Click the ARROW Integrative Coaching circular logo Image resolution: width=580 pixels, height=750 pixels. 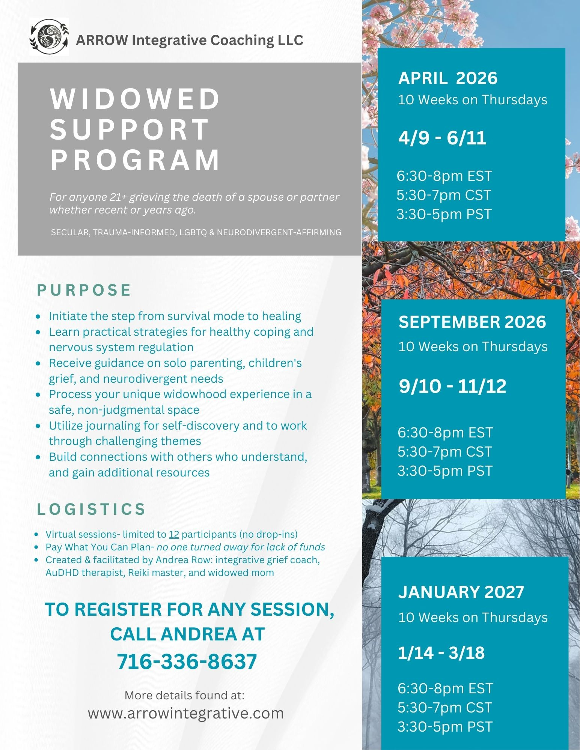click(49, 37)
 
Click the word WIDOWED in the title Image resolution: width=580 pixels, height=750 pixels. click(135, 99)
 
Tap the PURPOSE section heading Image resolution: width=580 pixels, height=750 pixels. click(84, 290)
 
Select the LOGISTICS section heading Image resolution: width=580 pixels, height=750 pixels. click(91, 509)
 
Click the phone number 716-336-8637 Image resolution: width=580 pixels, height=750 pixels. click(187, 661)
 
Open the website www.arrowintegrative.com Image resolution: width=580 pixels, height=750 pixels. click(186, 713)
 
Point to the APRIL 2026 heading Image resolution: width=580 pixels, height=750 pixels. click(447, 78)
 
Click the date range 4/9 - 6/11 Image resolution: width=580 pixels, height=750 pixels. click(442, 138)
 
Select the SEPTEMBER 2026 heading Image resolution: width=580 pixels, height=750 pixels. click(472, 322)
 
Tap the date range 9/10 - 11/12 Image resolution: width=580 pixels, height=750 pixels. click(452, 386)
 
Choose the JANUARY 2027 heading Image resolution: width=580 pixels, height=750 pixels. click(461, 592)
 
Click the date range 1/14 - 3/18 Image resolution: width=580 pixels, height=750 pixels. click(441, 653)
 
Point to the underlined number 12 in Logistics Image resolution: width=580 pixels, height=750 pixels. click(173, 534)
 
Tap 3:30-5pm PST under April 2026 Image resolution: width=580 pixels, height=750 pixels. click(444, 214)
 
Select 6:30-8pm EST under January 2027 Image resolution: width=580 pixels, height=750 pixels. click(445, 688)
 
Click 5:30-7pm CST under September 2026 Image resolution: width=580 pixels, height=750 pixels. click(444, 452)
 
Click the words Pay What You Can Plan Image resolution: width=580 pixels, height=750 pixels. click(98, 547)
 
